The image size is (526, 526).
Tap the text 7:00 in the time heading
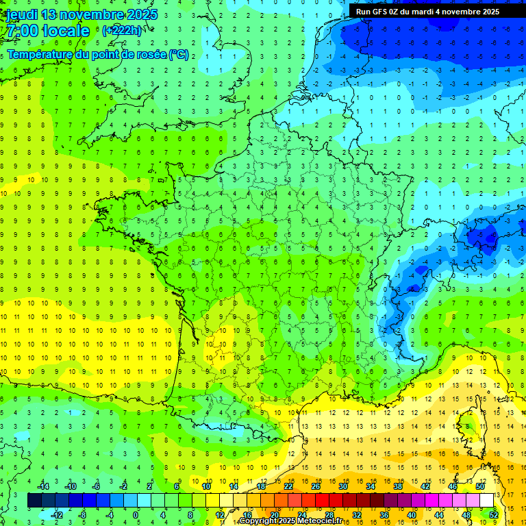(21, 31)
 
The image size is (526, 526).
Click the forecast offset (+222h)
(121, 31)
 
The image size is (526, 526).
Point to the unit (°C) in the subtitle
(178, 55)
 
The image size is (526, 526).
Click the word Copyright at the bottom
(258, 521)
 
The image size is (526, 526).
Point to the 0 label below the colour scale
(136, 515)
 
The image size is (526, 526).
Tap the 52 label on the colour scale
(494, 515)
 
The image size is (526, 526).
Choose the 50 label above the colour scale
(480, 486)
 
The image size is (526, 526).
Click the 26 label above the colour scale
(316, 486)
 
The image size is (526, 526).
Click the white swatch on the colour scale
(487, 501)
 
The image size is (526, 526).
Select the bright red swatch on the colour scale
(323, 501)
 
